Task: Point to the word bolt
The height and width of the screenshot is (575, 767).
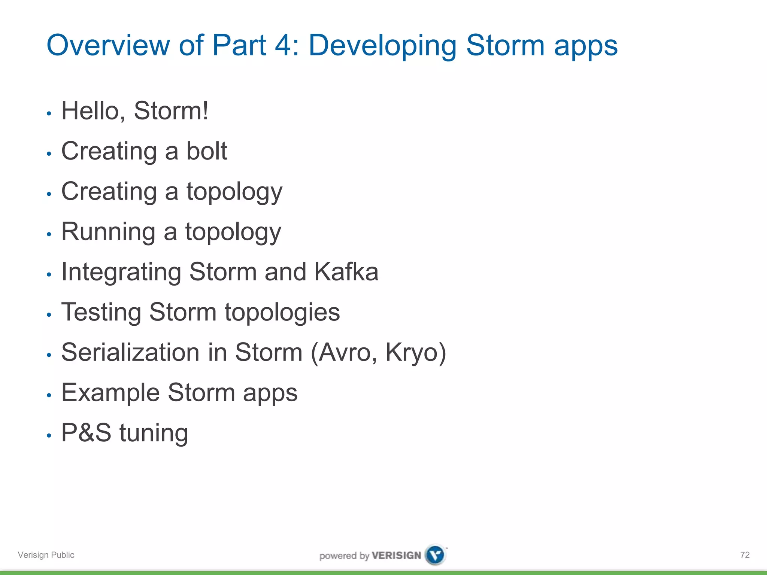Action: (x=207, y=151)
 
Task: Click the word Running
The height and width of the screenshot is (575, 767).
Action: (x=108, y=232)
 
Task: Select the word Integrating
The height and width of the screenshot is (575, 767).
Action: (x=121, y=273)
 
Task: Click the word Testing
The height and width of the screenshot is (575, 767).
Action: (x=101, y=313)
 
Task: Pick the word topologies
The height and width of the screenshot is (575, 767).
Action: (x=282, y=313)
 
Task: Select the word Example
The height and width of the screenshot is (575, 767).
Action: (x=110, y=393)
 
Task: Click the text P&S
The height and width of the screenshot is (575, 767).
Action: (x=86, y=433)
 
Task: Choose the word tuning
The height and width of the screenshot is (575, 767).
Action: (x=154, y=433)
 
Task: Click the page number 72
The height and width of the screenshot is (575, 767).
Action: (x=745, y=555)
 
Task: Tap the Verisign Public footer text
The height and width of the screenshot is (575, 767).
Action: (x=46, y=555)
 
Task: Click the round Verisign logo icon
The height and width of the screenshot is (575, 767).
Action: (x=435, y=555)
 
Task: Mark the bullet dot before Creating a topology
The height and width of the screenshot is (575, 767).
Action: (x=49, y=194)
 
